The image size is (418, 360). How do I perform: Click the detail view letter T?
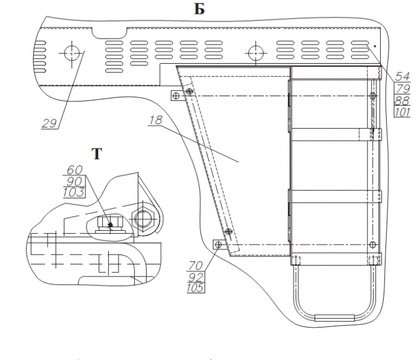coord(96,154)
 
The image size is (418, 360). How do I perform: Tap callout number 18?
coord(155,120)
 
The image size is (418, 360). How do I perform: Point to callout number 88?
coord(402,100)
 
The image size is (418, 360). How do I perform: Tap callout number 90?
coord(75,182)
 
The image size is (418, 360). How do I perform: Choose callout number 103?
coord(75,192)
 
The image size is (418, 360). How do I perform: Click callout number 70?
coord(196,264)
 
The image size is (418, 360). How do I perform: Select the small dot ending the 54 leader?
coord(375,45)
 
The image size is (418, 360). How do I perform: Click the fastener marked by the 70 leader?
coord(219,245)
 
